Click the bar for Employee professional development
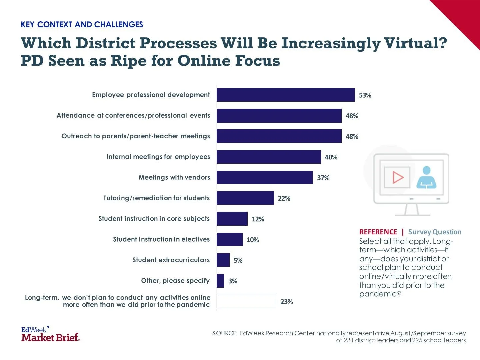(286, 95)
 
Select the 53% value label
(365, 95)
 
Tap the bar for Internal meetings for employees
(269, 157)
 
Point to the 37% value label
(323, 178)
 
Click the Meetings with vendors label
(174, 177)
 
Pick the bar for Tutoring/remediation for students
(245, 198)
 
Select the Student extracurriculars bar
(223, 260)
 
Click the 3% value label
(233, 281)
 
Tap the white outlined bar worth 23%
(246, 301)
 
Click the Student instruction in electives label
(161, 239)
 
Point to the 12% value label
(258, 219)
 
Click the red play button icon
(397, 177)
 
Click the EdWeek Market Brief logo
(51, 334)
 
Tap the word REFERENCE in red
(378, 232)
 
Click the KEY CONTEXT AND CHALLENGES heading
(82, 25)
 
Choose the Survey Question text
(435, 232)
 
